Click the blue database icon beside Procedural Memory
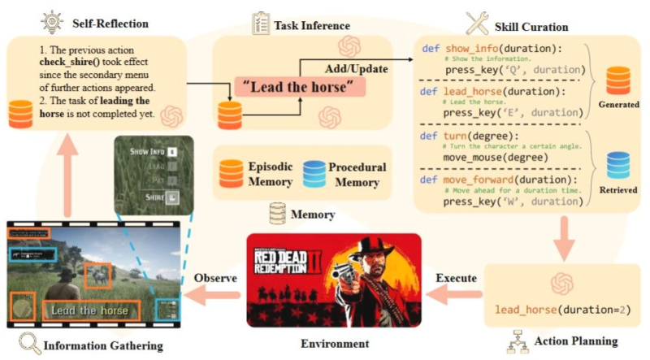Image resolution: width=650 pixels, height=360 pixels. [313, 171]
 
